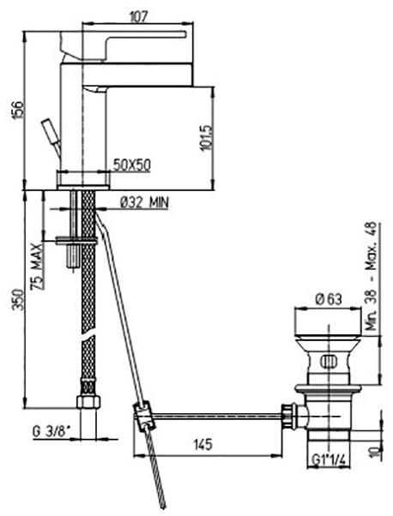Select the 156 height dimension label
coord(11,109)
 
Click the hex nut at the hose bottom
coord(86,404)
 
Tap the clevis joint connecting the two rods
coord(143,417)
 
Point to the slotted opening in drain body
coord(329,361)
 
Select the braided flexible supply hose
coord(86,326)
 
